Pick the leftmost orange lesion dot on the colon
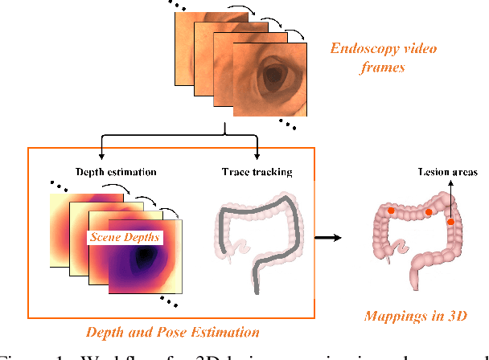click(390, 211)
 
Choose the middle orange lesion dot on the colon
click(429, 212)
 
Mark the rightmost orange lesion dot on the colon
click(450, 221)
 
